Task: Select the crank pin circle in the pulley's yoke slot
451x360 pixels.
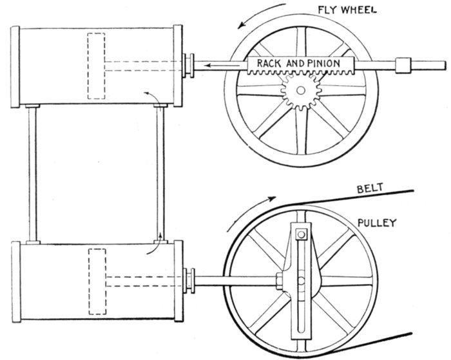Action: click(x=302, y=281)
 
